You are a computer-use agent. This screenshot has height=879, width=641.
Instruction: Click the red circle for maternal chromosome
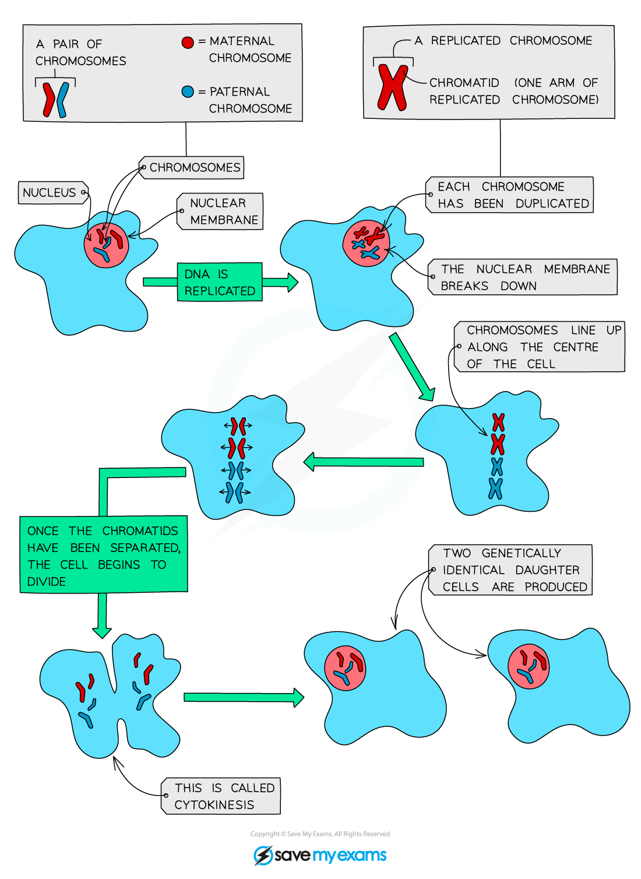point(188,42)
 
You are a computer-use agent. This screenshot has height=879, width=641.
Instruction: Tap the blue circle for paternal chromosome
point(188,92)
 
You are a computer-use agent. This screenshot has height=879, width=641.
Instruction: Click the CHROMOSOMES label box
point(192,168)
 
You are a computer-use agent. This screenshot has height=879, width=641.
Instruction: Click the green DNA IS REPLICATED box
point(220,282)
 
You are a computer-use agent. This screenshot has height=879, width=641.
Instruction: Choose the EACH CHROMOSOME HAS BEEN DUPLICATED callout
point(510,195)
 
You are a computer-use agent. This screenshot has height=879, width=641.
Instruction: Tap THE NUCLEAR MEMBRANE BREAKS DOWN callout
point(523,277)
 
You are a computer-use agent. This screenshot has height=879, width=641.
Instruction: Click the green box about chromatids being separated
point(104,555)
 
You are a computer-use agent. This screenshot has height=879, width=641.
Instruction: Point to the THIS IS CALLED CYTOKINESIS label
point(221,796)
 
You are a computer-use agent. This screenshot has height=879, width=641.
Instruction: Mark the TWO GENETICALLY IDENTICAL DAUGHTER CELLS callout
point(511,570)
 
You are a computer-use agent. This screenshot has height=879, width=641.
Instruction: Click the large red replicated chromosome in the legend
point(392,87)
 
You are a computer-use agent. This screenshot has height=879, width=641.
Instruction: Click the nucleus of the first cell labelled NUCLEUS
point(106,244)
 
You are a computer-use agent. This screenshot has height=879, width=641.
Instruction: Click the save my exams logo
point(320,855)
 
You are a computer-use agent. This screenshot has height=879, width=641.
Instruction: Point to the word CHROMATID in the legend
point(464,83)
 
